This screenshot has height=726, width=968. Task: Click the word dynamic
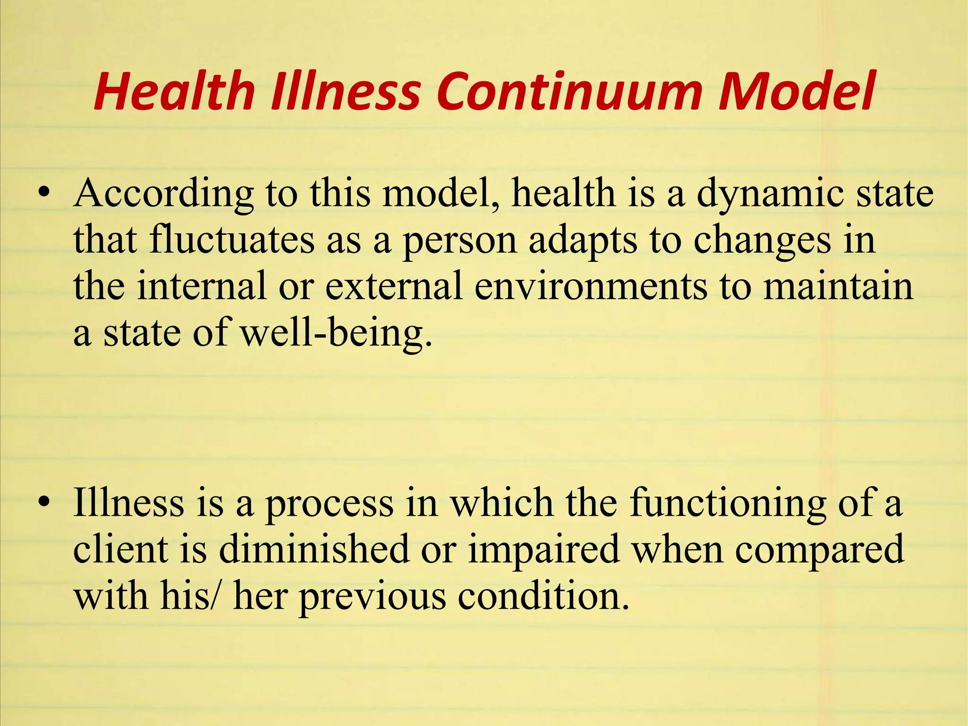pyautogui.click(x=770, y=194)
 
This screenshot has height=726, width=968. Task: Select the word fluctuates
pyautogui.click(x=232, y=240)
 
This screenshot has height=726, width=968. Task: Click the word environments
pyautogui.click(x=591, y=286)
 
